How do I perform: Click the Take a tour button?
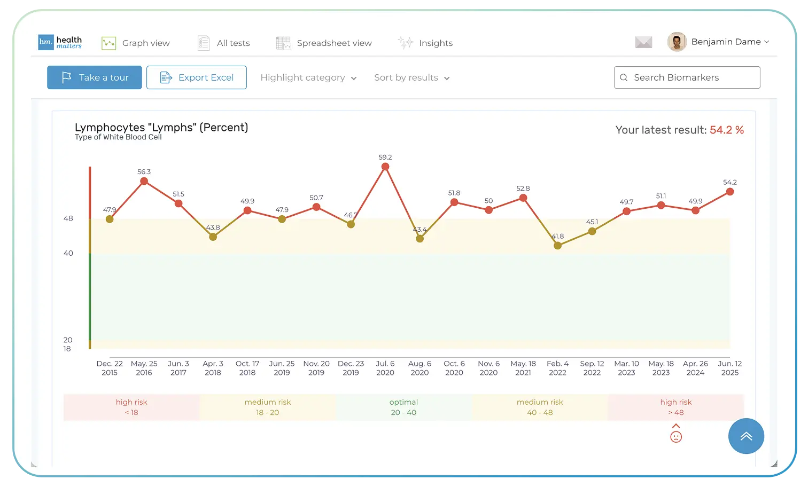95,77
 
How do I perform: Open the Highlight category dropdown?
308,78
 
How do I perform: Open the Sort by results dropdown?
411,78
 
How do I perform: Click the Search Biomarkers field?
687,77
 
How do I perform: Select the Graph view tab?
136,43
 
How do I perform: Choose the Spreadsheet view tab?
324,43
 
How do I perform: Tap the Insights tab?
425,43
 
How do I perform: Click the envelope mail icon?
643,42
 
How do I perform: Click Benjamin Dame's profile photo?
677,42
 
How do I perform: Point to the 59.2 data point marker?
385,167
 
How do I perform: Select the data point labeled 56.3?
144,181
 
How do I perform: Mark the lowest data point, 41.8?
557,246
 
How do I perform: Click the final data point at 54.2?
730,192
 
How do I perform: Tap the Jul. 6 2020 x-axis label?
385,368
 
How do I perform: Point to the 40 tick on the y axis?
68,253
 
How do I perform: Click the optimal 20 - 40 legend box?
403,407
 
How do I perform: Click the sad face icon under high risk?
676,437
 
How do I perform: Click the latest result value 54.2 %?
726,130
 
